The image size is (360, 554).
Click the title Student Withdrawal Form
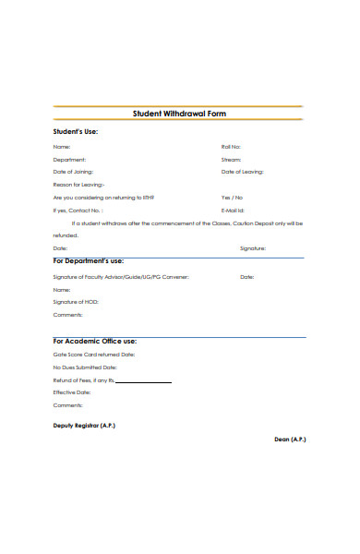(180, 114)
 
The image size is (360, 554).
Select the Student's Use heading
(75, 131)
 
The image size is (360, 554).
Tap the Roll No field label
(231, 147)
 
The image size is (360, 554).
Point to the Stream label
(231, 160)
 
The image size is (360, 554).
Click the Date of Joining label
(73, 172)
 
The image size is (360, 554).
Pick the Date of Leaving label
(242, 172)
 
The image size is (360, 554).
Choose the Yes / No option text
(232, 198)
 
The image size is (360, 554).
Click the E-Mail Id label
(233, 211)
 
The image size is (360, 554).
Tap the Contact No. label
(79, 211)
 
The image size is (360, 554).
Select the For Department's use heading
(88, 261)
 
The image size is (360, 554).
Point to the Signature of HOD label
(76, 302)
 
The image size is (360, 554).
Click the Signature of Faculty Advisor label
(121, 277)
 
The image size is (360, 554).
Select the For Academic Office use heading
(94, 341)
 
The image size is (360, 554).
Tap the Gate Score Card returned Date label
(94, 355)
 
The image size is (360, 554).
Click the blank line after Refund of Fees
(143, 381)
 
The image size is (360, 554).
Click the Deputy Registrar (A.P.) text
(85, 426)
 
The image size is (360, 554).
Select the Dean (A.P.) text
(290, 439)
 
